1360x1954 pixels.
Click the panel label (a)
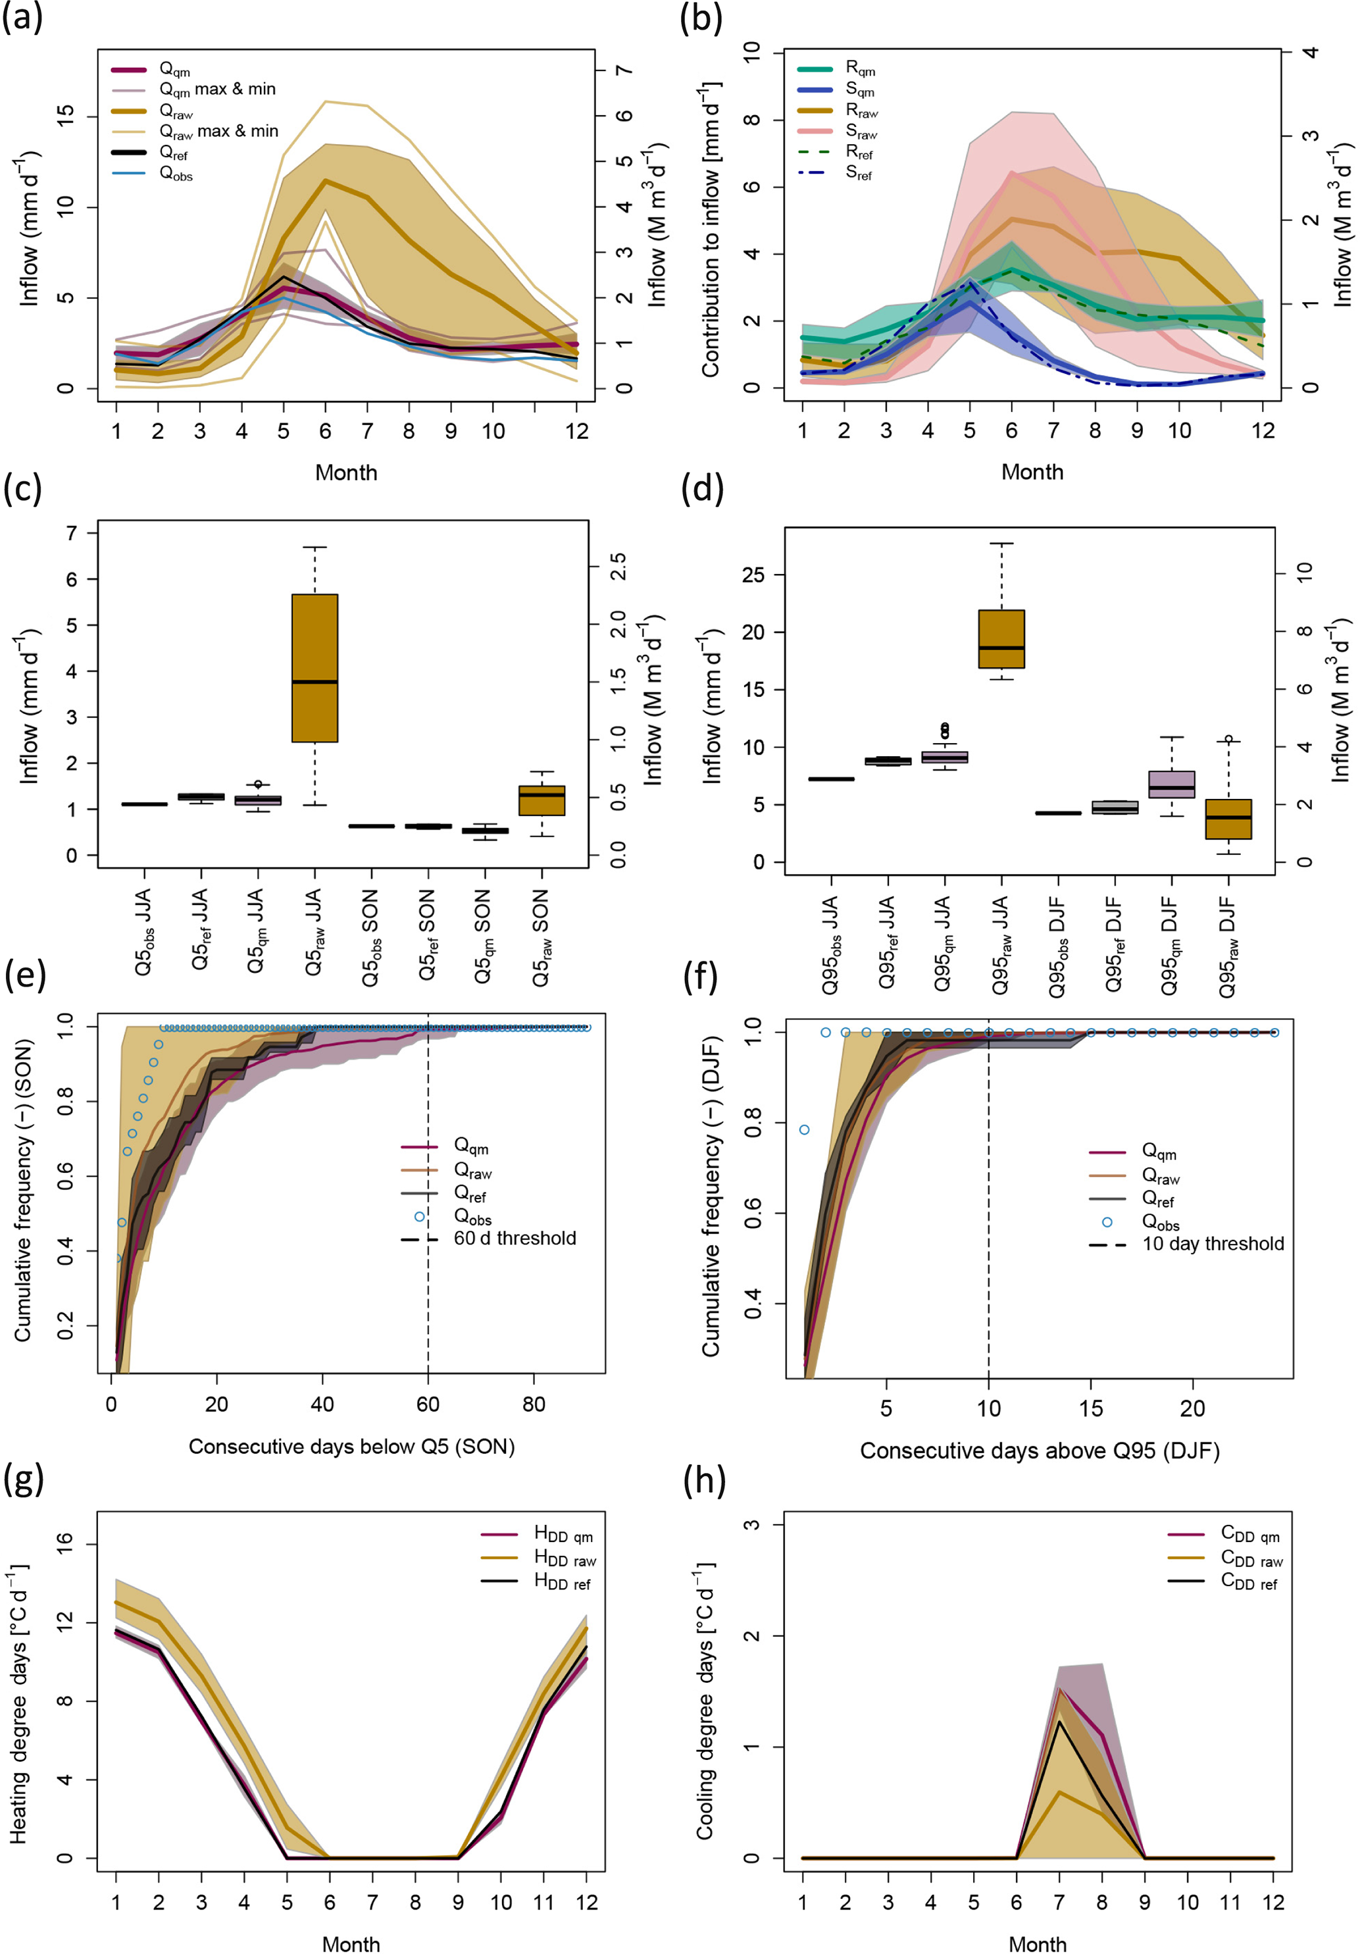pos(22,18)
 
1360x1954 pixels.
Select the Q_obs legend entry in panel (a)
pos(175,174)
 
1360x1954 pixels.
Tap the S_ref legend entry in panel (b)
pos(858,174)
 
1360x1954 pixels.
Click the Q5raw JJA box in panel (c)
pos(315,668)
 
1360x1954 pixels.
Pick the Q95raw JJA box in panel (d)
pos(1001,639)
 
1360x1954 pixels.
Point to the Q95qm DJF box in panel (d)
pos(1172,784)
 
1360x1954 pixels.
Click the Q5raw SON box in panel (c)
pos(542,800)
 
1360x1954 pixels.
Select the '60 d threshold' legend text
pos(515,1238)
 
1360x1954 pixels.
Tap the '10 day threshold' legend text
pos(1213,1243)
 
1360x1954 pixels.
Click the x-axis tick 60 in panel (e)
pos(428,1404)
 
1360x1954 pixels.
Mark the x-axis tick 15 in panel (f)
pos(1091,1408)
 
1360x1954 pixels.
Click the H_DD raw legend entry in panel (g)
pos(565,1558)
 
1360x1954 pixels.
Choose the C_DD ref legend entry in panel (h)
pos(1249,1582)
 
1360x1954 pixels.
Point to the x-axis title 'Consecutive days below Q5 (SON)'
pos(351,1447)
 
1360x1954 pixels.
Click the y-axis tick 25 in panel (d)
pos(754,575)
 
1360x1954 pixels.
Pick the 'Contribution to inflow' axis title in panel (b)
pos(710,230)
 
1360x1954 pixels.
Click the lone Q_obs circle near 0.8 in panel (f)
pos(804,1130)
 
